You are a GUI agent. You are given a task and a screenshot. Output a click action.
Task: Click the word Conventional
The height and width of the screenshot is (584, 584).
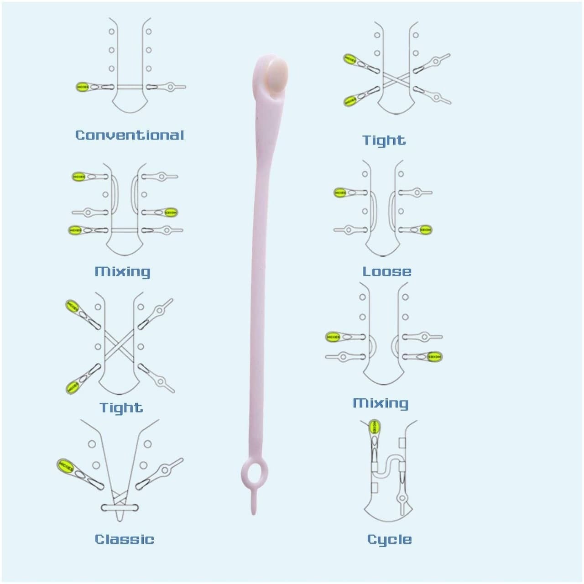pyautogui.click(x=130, y=135)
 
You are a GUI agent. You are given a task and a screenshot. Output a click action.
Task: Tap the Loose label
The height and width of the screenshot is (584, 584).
pyautogui.click(x=386, y=271)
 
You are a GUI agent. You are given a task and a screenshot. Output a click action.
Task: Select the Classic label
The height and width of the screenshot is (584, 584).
pyautogui.click(x=124, y=539)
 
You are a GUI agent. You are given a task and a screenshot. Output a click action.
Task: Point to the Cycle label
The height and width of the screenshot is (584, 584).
pyautogui.click(x=389, y=539)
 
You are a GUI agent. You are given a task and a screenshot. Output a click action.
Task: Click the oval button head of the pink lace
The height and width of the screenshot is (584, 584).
pyautogui.click(x=278, y=73)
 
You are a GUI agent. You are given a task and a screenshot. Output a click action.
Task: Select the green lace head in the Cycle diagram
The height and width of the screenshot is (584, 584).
pyautogui.click(x=374, y=427)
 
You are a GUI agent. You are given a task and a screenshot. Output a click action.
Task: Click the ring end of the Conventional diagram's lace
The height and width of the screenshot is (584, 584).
pyautogui.click(x=172, y=86)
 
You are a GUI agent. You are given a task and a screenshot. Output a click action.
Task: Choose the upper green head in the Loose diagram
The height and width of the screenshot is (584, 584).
pyautogui.click(x=340, y=193)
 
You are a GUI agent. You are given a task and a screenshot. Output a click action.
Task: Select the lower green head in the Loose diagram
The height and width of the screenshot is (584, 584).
pyautogui.click(x=426, y=229)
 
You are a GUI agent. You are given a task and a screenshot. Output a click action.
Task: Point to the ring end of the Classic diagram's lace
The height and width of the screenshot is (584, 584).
pyautogui.click(x=165, y=468)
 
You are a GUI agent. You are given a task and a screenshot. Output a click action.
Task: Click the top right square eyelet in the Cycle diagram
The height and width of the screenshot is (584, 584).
pyautogui.click(x=402, y=443)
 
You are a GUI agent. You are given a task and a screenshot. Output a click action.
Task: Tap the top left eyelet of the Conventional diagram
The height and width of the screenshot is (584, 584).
pyautogui.click(x=112, y=32)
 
